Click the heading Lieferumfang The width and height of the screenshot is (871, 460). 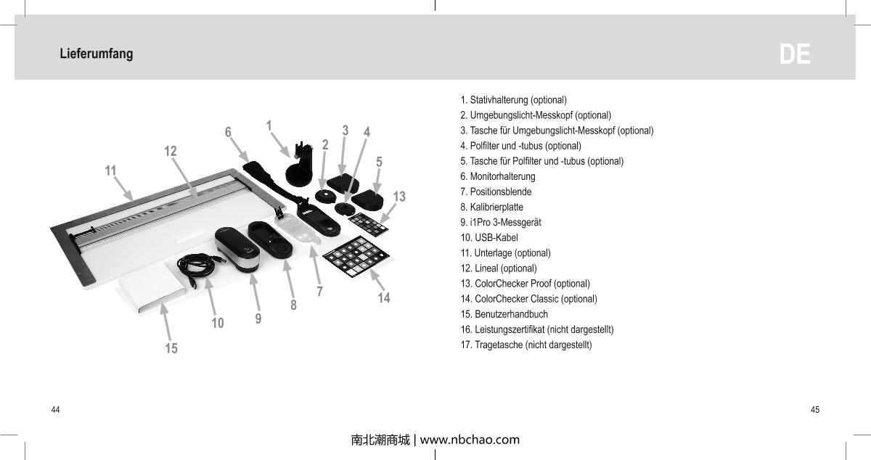click(x=97, y=54)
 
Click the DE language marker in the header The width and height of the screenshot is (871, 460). click(x=795, y=55)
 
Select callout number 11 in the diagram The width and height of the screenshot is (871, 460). click(x=110, y=171)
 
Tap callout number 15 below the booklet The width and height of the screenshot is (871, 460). click(x=171, y=348)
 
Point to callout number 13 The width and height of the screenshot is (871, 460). click(x=398, y=197)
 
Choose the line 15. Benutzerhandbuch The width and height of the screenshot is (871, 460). click(x=504, y=314)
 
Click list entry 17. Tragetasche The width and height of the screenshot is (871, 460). click(x=526, y=345)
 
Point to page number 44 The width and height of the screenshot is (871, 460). click(x=56, y=410)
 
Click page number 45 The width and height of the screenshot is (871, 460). click(x=815, y=410)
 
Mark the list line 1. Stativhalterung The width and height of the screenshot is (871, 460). click(x=513, y=99)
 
